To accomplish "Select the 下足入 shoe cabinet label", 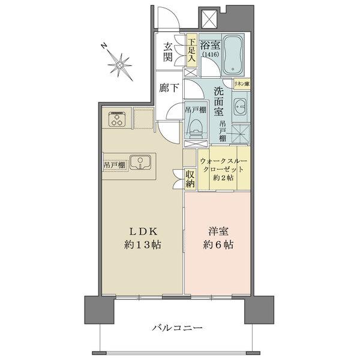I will tap(191, 51).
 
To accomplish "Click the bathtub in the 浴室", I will tap(234, 56).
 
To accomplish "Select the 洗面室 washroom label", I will tap(220, 100).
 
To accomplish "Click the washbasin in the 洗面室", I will tap(239, 110).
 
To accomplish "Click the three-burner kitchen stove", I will tap(116, 119).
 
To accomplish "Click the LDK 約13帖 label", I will tap(142, 238).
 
